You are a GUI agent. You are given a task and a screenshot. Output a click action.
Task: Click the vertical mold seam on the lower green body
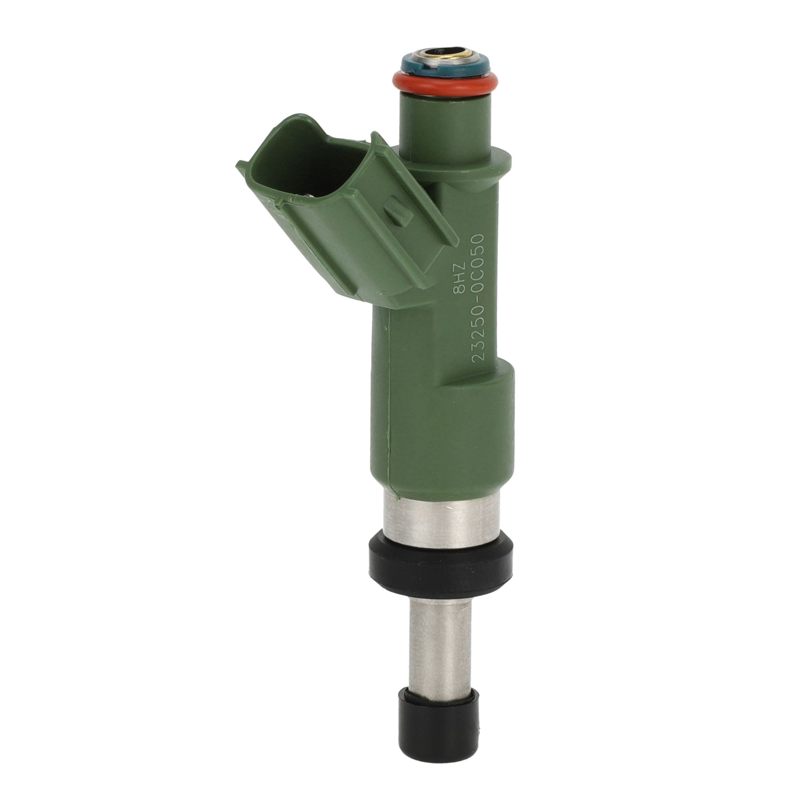pyautogui.click(x=389, y=435)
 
